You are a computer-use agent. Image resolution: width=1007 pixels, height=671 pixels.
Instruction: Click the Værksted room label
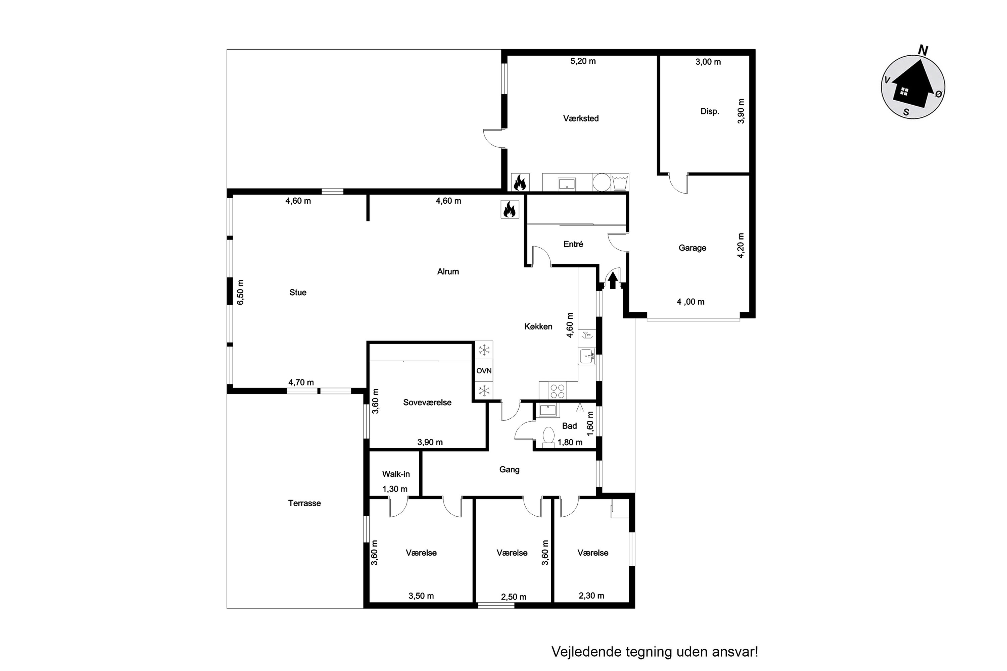point(581,118)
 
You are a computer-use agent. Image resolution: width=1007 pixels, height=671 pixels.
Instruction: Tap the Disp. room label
point(710,112)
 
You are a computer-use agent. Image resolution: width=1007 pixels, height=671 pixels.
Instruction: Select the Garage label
point(692,248)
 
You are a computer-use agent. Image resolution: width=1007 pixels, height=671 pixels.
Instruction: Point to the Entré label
point(573,244)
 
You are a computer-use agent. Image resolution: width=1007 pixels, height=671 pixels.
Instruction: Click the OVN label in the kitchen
point(484,371)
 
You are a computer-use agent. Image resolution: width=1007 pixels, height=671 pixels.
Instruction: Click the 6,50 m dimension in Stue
point(240,292)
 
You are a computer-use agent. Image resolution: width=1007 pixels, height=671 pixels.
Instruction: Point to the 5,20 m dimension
point(583,61)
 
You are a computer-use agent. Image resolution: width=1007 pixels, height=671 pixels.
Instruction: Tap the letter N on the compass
point(923,51)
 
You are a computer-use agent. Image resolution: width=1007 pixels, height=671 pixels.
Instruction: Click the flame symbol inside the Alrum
point(510,209)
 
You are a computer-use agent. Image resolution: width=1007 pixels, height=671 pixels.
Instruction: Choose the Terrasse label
point(304,503)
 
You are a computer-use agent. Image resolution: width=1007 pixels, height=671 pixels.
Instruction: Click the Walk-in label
point(396,474)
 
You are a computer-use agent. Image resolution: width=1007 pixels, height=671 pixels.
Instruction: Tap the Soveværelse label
point(427,402)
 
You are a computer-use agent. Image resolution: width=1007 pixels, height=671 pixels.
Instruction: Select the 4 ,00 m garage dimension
point(690,302)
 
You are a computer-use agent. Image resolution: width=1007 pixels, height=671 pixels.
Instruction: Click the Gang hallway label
point(510,469)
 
